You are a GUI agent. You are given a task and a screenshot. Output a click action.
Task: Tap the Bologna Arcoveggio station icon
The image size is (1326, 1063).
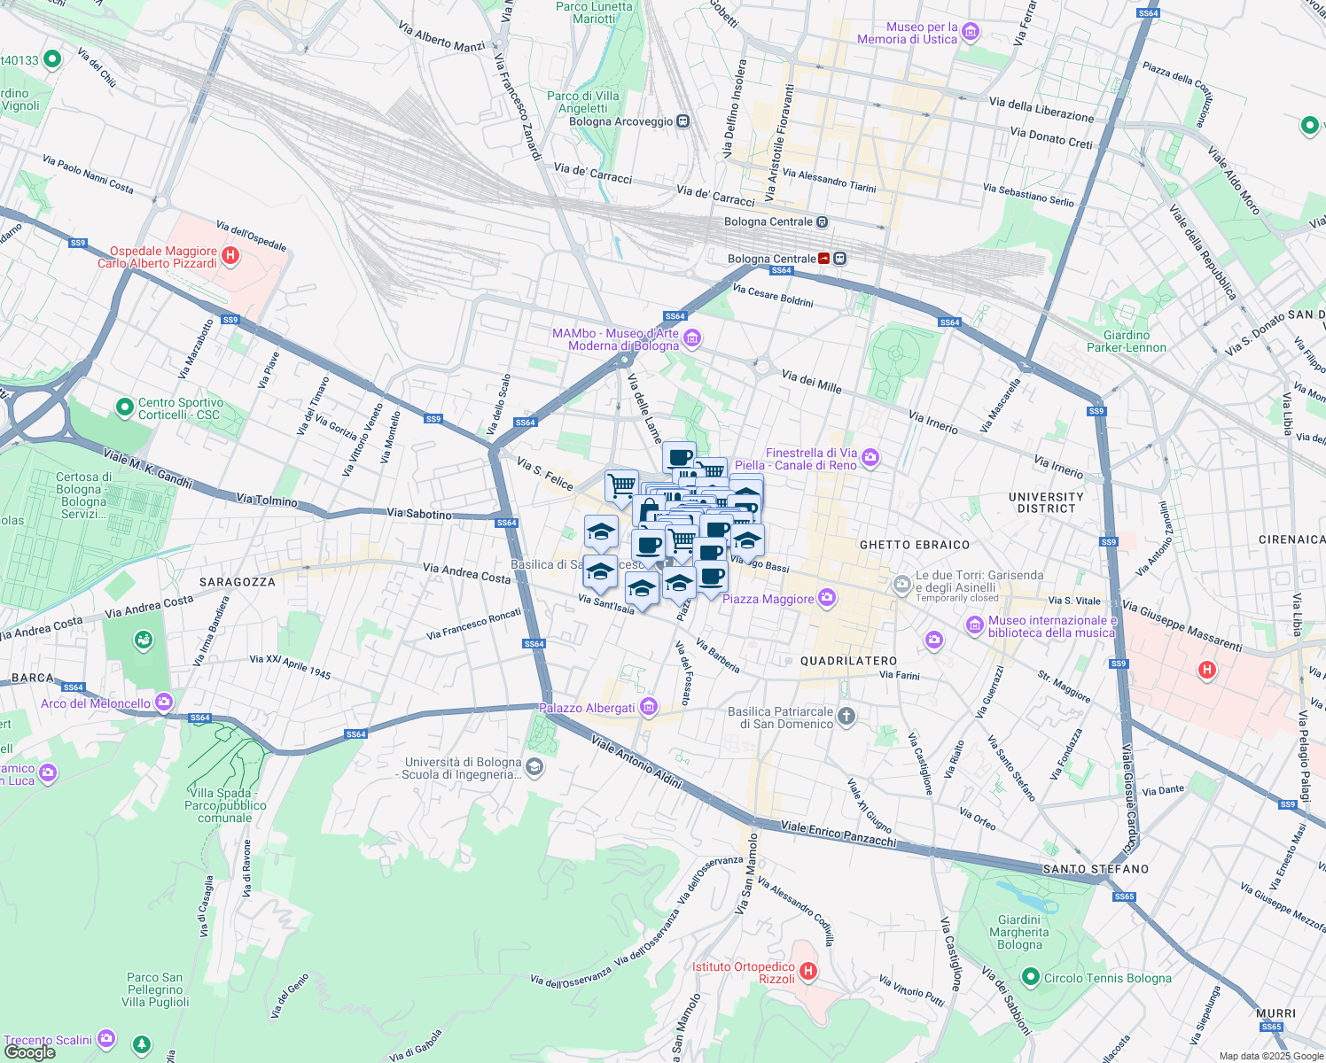pyautogui.click(x=682, y=121)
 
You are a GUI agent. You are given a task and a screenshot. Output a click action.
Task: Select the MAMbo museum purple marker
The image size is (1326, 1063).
pyautogui.click(x=692, y=338)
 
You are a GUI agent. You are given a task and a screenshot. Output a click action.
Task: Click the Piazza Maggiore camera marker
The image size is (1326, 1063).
pyautogui.click(x=827, y=599)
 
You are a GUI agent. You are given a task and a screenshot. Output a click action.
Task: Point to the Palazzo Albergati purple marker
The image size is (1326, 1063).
pyautogui.click(x=649, y=707)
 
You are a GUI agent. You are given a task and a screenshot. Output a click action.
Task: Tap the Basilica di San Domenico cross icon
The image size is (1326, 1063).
pyautogui.click(x=846, y=717)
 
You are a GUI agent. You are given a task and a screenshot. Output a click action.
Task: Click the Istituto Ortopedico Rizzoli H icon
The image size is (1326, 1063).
pyautogui.click(x=807, y=972)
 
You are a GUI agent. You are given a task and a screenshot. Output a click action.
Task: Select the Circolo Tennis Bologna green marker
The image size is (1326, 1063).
pyautogui.click(x=1030, y=977)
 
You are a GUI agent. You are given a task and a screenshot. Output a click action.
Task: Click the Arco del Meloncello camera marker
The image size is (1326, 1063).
pyautogui.click(x=164, y=702)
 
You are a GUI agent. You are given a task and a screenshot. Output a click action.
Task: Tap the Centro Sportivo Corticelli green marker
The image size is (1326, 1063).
pyautogui.click(x=125, y=407)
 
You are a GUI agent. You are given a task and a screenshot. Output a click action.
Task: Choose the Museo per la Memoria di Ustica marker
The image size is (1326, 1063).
pyautogui.click(x=971, y=33)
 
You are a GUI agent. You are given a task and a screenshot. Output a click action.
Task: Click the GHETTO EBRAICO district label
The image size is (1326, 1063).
pyautogui.click(x=915, y=545)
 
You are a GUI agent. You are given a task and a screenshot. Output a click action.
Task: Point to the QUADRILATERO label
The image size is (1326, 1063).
pyautogui.click(x=848, y=661)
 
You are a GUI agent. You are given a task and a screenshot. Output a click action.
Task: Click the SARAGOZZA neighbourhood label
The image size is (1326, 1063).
pyautogui.click(x=237, y=582)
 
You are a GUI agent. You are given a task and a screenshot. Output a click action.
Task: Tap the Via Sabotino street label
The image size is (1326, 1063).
pyautogui.click(x=419, y=513)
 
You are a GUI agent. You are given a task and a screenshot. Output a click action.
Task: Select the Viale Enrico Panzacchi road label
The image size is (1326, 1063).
pyautogui.click(x=838, y=834)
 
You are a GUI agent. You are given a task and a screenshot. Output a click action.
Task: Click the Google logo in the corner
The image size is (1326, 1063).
pyautogui.click(x=30, y=1052)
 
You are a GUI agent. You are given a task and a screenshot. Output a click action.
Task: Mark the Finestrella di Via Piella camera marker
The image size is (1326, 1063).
pyautogui.click(x=870, y=458)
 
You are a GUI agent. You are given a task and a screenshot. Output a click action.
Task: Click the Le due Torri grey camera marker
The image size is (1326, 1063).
pyautogui.click(x=901, y=584)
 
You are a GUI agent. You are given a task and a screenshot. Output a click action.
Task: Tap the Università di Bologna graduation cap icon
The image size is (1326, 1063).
pyautogui.click(x=534, y=767)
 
